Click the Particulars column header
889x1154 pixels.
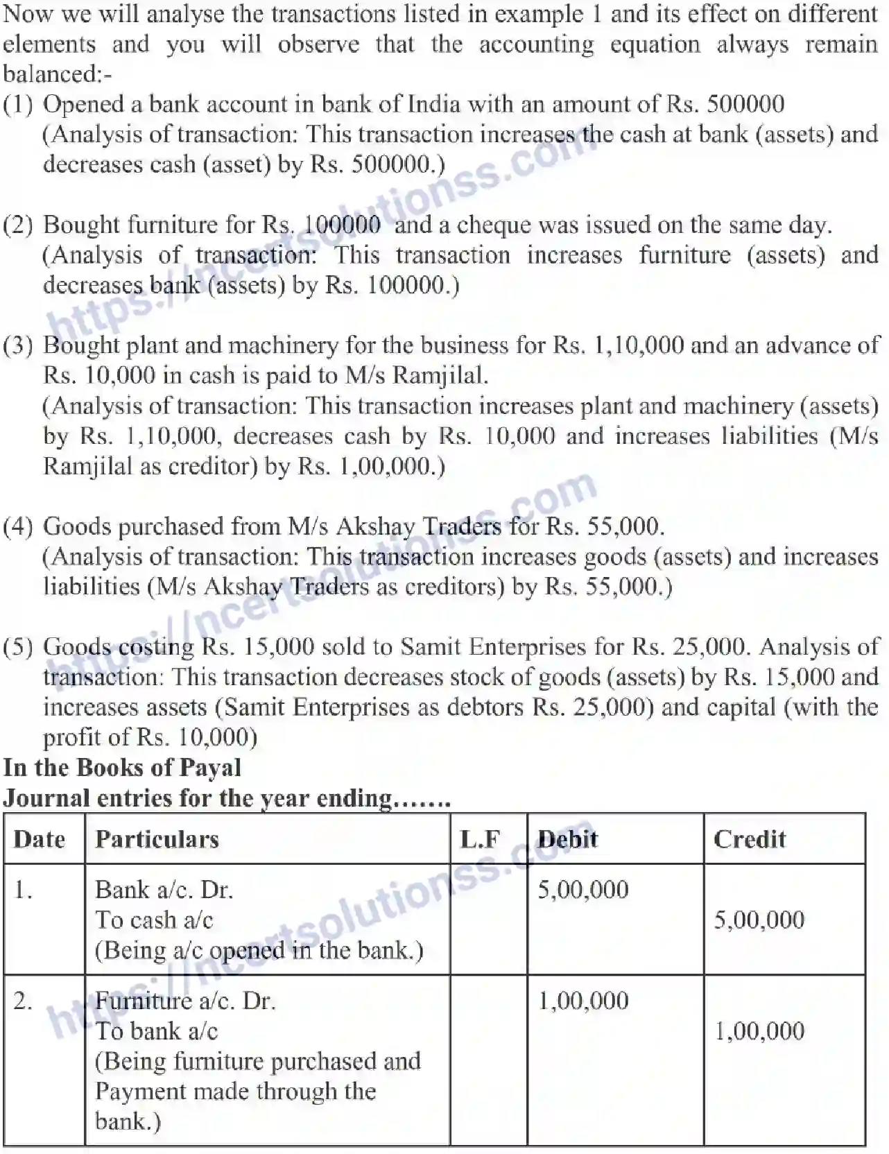[x=157, y=840]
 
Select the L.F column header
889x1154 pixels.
[x=480, y=840]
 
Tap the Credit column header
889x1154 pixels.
[x=750, y=840]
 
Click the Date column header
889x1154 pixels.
[x=40, y=840]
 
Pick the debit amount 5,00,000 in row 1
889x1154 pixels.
[x=582, y=890]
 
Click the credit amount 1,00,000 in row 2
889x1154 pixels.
[x=759, y=1031]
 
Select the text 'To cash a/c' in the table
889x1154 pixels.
[x=154, y=920]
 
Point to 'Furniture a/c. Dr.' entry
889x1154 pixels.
[x=185, y=1001]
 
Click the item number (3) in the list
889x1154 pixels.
[x=18, y=345]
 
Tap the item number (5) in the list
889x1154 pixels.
[x=18, y=647]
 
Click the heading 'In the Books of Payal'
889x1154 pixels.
[x=122, y=768]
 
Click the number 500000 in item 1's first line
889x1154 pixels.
[x=745, y=104]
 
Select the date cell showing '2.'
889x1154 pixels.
[x=23, y=1001]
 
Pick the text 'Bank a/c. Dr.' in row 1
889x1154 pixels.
[x=164, y=890]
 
